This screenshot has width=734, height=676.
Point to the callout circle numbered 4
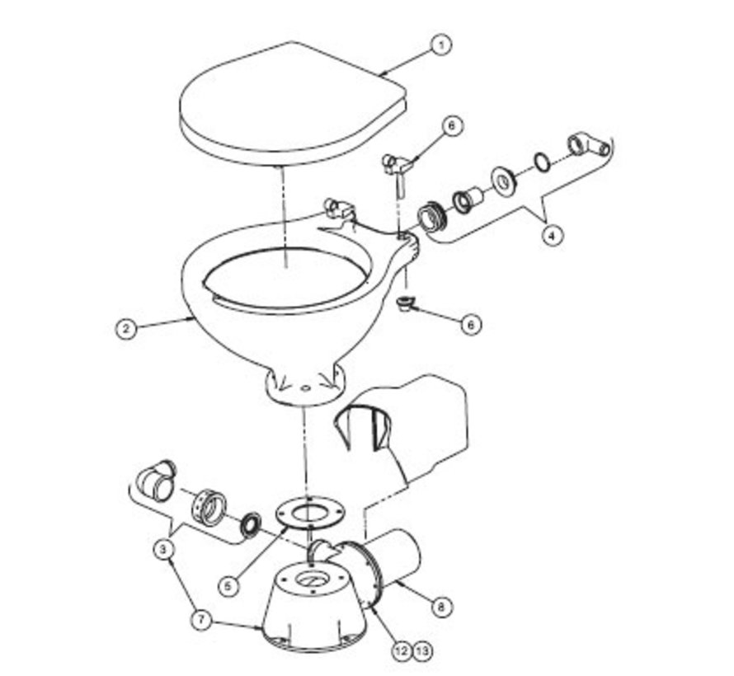tap(553, 235)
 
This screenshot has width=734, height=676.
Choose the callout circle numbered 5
tap(232, 585)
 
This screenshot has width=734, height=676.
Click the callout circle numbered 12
tap(402, 651)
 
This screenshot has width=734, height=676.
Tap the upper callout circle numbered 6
tap(451, 126)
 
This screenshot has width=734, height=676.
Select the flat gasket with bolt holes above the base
tap(307, 511)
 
